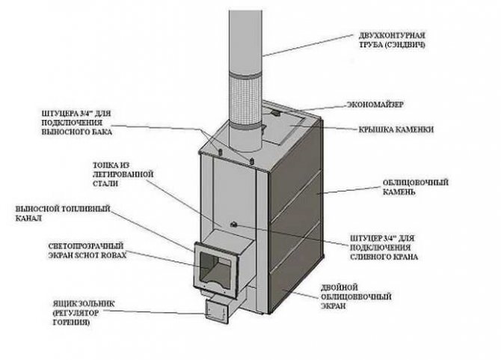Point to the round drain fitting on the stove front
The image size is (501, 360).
[233, 225]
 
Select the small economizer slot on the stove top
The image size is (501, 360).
[275, 114]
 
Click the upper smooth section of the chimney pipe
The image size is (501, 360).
[244, 34]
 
